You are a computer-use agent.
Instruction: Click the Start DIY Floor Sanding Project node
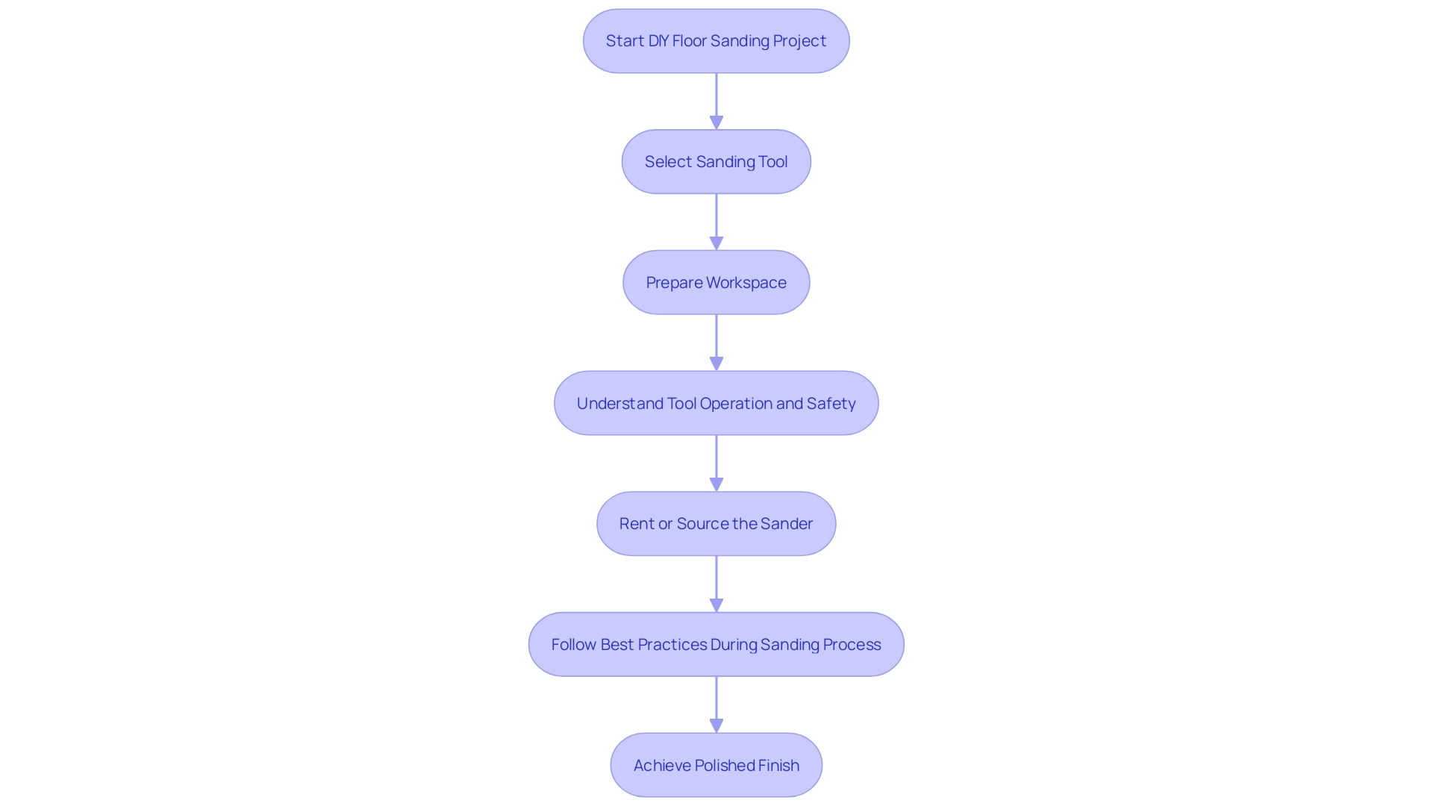(x=716, y=41)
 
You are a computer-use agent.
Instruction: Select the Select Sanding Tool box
(x=716, y=162)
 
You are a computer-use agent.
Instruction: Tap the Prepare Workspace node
(x=716, y=283)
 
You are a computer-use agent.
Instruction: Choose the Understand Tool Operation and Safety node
(x=716, y=404)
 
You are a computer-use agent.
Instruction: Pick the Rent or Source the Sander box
(x=716, y=524)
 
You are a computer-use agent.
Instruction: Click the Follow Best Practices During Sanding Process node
(x=716, y=645)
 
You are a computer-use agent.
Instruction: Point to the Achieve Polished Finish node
(x=716, y=766)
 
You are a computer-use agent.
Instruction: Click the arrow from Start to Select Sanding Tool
(x=716, y=101)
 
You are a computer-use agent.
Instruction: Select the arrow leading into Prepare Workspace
(x=716, y=222)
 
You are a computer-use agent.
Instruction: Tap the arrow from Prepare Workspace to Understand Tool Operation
(x=716, y=343)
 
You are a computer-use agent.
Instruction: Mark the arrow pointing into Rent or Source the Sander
(x=716, y=463)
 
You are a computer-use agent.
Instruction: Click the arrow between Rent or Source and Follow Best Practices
(x=716, y=584)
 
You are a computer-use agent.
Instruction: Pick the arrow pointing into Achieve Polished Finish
(x=716, y=705)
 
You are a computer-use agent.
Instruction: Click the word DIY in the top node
(x=658, y=41)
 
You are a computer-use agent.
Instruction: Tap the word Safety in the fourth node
(x=831, y=404)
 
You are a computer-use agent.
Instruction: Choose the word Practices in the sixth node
(x=672, y=645)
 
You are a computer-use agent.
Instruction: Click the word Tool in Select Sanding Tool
(x=772, y=162)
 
